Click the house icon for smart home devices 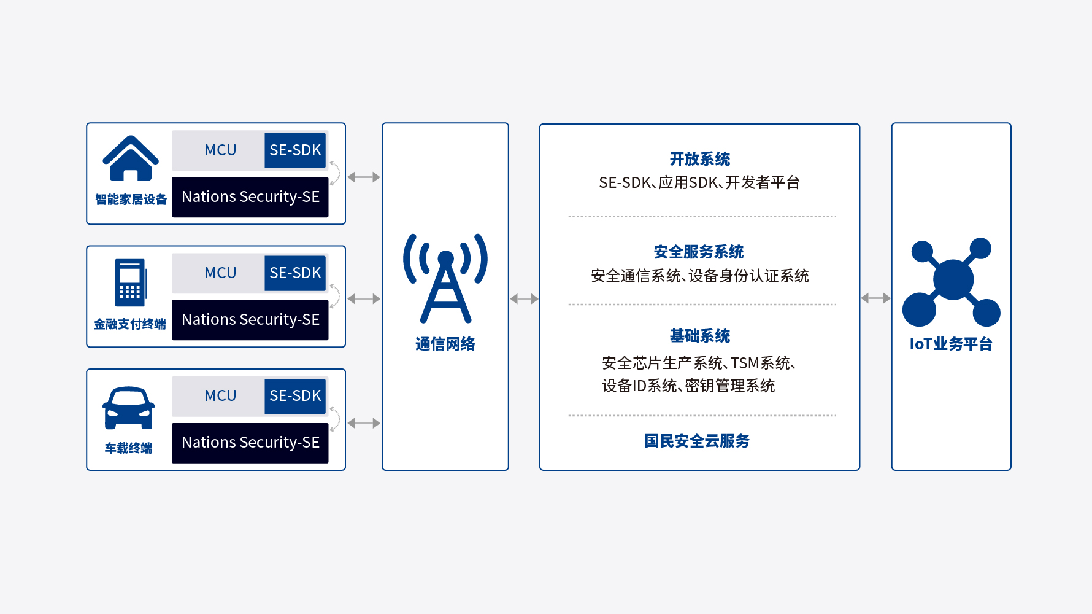coord(131,158)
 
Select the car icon coord(128,408)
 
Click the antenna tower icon coord(445,278)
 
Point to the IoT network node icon coord(951,282)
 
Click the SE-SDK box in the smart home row coord(295,150)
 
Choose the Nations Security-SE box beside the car coord(250,443)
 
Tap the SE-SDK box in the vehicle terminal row coord(295,396)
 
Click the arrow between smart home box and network coord(364,177)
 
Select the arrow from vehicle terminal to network coord(364,423)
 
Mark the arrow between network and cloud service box coord(524,299)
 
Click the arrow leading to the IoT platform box coord(875,298)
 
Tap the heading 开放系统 coord(700,159)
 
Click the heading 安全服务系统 coord(699,252)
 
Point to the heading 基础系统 coord(700,336)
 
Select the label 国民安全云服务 coord(697,441)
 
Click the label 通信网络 coord(445,344)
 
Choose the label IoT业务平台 coord(951,344)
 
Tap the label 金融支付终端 coord(130,324)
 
